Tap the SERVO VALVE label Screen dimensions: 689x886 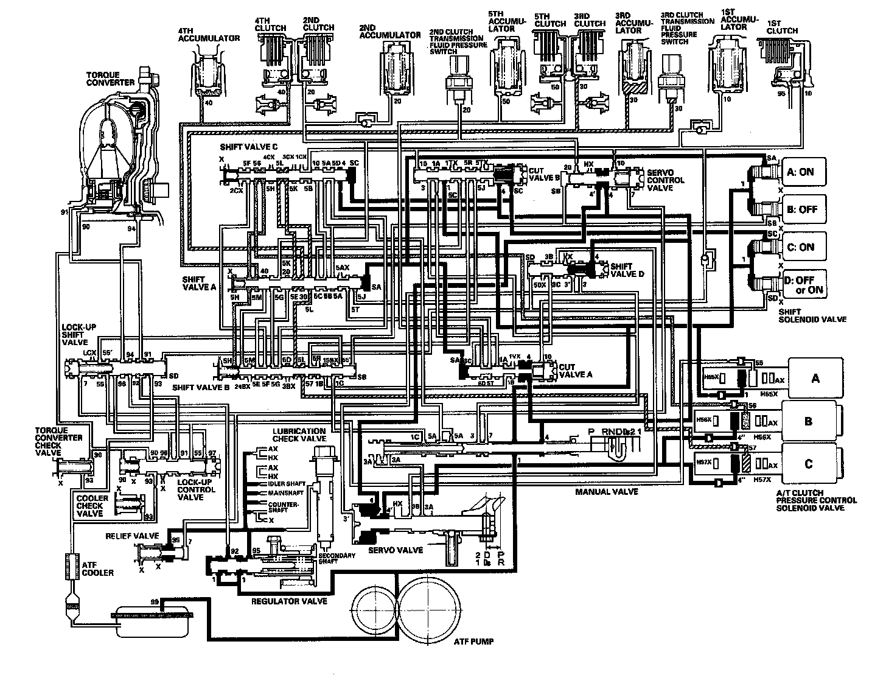(x=396, y=550)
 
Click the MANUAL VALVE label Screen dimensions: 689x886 (x=606, y=491)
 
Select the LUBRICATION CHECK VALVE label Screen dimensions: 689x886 (x=299, y=435)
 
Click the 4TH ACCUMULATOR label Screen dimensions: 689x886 (x=208, y=34)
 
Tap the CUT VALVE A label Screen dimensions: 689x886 (x=575, y=371)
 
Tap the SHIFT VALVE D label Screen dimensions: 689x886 (x=627, y=270)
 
